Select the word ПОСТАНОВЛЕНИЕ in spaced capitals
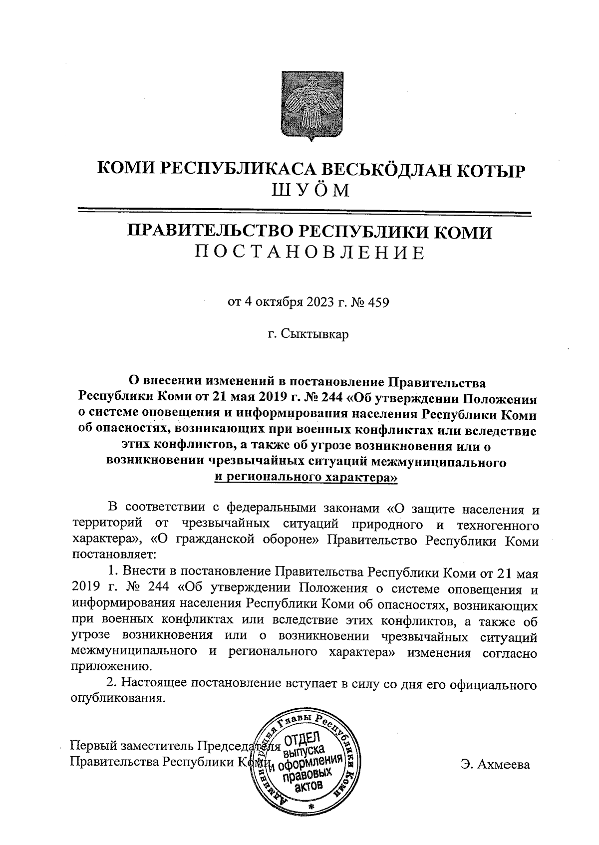309,253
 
